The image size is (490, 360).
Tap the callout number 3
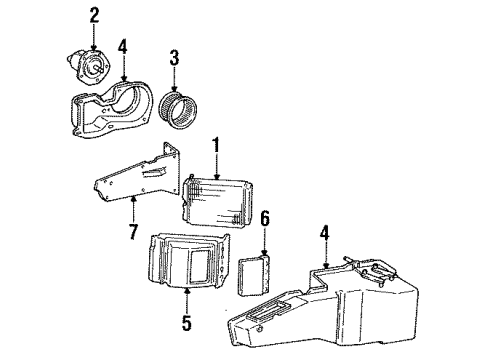pyautogui.click(x=174, y=58)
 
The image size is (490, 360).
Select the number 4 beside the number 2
pyautogui.click(x=122, y=45)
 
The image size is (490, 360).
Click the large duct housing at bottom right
pyautogui.click(x=340, y=300)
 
